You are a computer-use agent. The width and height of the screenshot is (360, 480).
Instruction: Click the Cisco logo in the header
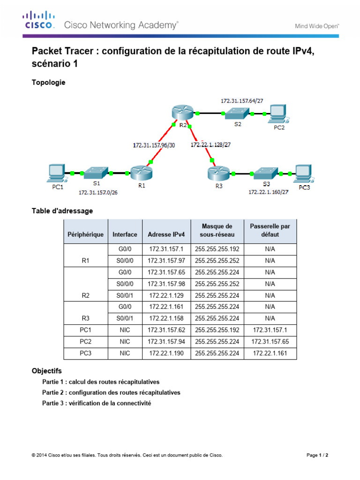(38, 21)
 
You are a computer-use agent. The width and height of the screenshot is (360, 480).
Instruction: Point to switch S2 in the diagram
(237, 113)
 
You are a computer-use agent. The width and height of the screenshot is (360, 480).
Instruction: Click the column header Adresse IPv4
(166, 234)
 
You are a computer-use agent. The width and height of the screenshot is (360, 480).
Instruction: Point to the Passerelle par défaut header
(270, 230)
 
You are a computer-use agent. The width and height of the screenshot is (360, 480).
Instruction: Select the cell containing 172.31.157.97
(166, 261)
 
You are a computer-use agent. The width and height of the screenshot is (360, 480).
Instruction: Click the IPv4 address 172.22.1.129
(166, 296)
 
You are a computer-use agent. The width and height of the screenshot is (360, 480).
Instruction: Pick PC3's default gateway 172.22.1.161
(270, 353)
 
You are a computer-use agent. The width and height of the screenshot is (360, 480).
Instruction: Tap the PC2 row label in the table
(85, 342)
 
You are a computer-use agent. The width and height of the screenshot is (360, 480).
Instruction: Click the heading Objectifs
(46, 371)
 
